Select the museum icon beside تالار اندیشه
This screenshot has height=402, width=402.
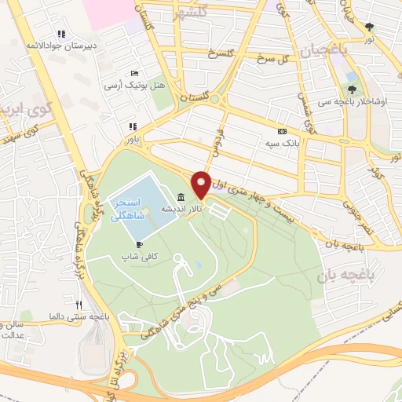tap(181, 197)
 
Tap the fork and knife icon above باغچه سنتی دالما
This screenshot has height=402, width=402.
tap(78, 305)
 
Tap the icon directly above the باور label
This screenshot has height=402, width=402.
tap(133, 126)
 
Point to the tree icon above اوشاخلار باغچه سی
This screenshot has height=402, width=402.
tap(352, 90)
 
